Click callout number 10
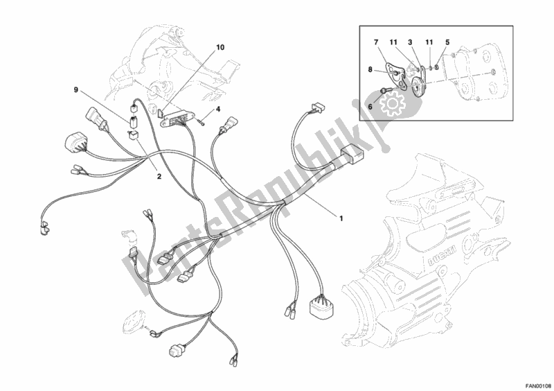coord(220,47)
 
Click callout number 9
coord(76,90)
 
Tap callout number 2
coord(159,176)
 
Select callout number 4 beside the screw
coord(218,110)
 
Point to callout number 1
coord(341,218)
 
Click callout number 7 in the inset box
coord(376,42)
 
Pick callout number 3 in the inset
coord(410,42)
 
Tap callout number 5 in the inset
coord(447,42)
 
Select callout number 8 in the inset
coord(370,70)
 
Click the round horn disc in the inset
coord(419,87)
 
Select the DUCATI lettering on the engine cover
coord(441,257)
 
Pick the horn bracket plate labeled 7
coord(394,73)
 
